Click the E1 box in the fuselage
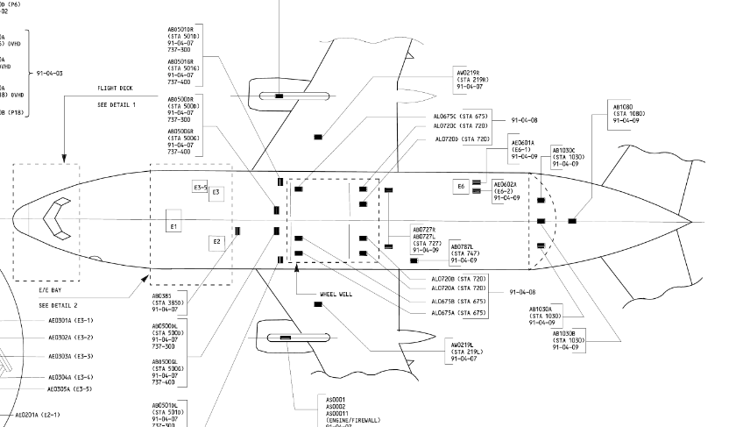tap(173, 227)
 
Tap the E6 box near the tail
tap(461, 187)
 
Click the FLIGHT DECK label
tap(115, 89)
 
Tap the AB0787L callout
tap(466, 253)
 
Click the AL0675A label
tap(459, 313)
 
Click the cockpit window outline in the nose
tap(59, 219)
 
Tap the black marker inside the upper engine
tap(279, 95)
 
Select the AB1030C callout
tap(568, 156)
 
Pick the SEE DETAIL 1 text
tap(117, 104)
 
